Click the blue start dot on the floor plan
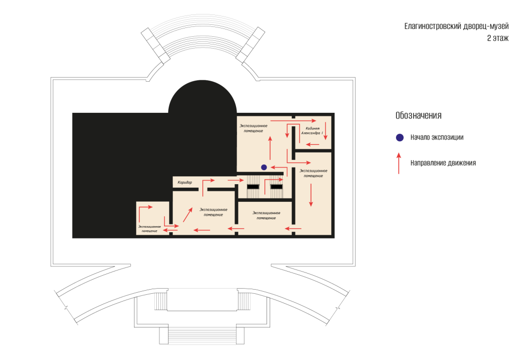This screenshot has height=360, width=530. click(x=264, y=167)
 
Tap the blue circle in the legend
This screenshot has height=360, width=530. click(x=400, y=138)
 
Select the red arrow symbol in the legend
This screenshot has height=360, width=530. click(x=399, y=163)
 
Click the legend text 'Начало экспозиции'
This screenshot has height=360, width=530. click(x=437, y=138)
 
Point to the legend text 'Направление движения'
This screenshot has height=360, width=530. click(x=443, y=163)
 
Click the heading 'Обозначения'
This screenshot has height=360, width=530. click(x=418, y=115)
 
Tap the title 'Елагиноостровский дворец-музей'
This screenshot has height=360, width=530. click(x=457, y=26)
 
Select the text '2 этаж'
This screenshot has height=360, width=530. click(x=497, y=38)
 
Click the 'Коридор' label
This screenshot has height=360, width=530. click(x=185, y=183)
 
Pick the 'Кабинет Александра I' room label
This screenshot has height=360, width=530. click(x=312, y=131)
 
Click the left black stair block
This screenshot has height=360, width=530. click(x=253, y=187)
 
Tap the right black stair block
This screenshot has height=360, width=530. click(x=276, y=187)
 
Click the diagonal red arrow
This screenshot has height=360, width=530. click(x=187, y=215)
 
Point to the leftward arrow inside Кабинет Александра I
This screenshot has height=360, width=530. click(x=312, y=144)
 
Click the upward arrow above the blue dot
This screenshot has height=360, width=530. click(x=270, y=148)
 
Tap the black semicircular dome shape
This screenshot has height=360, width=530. click(x=202, y=97)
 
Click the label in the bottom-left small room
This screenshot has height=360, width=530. click(x=150, y=229)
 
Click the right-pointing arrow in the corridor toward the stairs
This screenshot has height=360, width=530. click(x=235, y=181)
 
